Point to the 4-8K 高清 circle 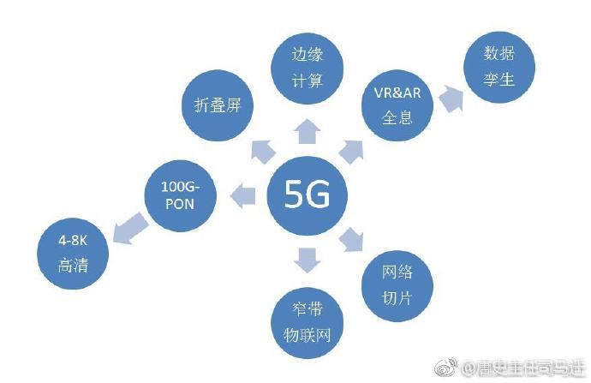click(x=73, y=253)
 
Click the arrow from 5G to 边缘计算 click(x=307, y=131)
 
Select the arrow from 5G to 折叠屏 click(x=260, y=152)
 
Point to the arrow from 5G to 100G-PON click(x=245, y=194)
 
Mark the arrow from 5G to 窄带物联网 click(x=306, y=258)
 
